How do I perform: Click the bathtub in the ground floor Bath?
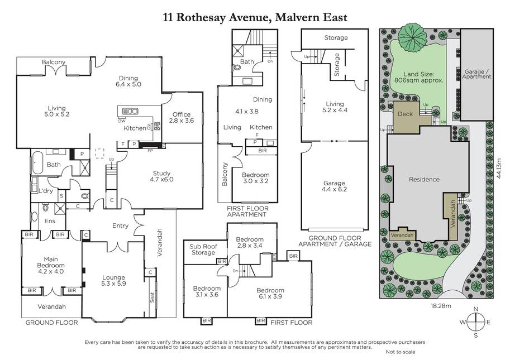pos(37,162)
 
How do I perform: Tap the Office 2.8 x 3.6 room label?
pos(182,117)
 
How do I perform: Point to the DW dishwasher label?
pos(122,121)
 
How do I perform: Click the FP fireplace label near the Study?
pos(150,151)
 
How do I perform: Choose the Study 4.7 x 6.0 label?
pos(161,176)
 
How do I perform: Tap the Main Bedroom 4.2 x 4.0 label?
pos(51,265)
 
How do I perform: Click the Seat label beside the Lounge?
pos(152,297)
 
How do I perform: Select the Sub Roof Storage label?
pos(203,249)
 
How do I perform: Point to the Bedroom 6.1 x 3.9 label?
pos(270,294)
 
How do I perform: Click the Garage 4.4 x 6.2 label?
pos(334,186)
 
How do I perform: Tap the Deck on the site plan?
pos(406,114)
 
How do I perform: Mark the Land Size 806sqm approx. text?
pos(418,78)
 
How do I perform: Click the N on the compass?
pos(475,309)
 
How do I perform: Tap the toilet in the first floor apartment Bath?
pos(237,68)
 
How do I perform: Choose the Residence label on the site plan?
pos(424,179)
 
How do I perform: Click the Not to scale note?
pos(401,352)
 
